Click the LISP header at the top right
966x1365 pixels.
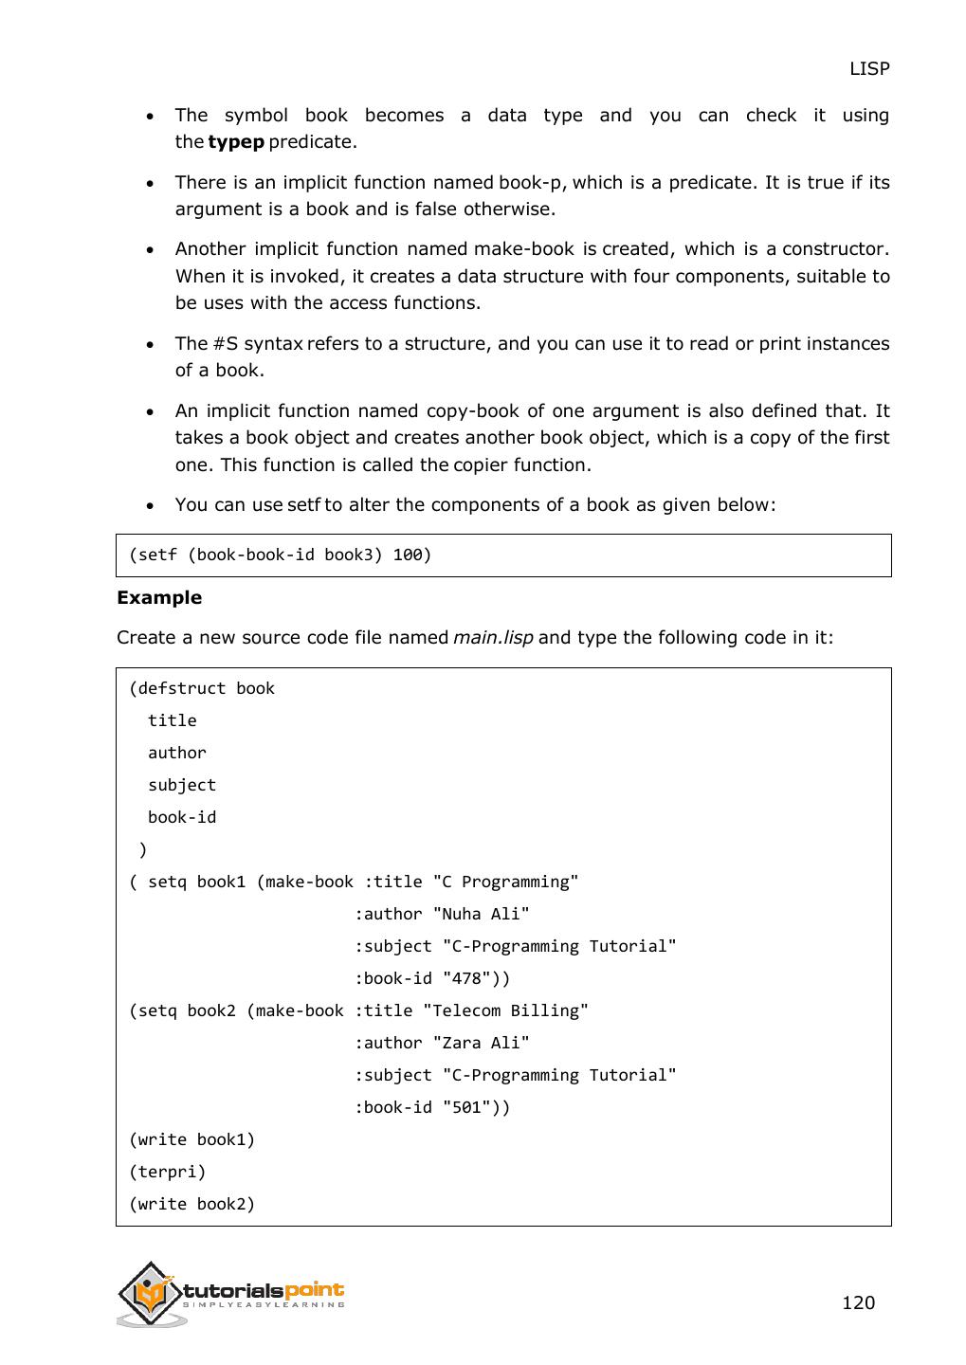click(868, 68)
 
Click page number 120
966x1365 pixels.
click(858, 1302)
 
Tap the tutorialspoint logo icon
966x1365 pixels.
click(150, 1293)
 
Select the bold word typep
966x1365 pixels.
click(235, 142)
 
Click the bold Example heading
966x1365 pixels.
click(159, 597)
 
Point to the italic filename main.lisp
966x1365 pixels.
click(493, 637)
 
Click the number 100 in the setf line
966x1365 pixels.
click(408, 555)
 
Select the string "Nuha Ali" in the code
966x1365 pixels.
click(481, 914)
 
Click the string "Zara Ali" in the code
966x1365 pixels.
click(481, 1043)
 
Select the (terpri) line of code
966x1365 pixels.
click(168, 1172)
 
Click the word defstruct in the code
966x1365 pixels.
click(182, 688)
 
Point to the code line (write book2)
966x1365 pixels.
click(192, 1204)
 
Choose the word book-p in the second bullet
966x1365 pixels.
click(531, 182)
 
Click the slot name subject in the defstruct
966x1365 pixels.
click(182, 785)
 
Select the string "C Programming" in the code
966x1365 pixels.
click(505, 882)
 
